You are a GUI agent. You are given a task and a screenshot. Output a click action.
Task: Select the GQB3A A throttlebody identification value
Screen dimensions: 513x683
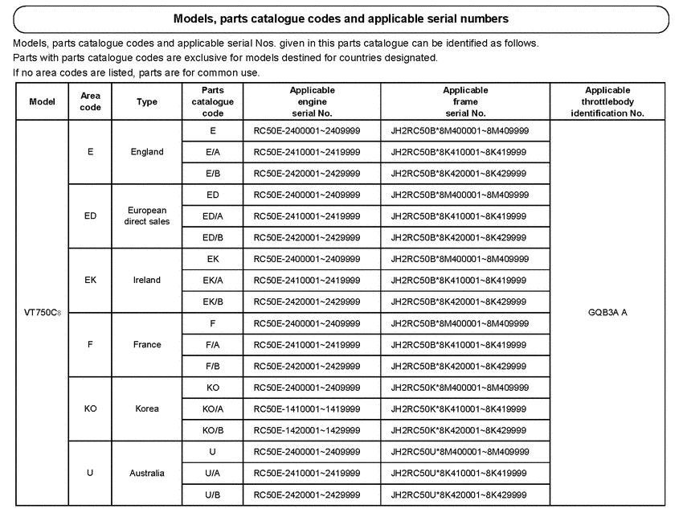(x=607, y=313)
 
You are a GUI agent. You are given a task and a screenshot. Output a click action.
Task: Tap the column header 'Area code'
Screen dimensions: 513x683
(x=91, y=101)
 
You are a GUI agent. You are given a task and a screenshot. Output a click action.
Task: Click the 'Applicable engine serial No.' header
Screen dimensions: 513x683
(x=312, y=101)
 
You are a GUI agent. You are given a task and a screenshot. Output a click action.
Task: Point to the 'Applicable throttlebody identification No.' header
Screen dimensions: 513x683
(x=607, y=101)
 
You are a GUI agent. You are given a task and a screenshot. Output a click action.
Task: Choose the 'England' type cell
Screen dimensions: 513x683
(x=147, y=151)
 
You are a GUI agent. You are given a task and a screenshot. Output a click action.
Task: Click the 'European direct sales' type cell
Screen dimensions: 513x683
(x=147, y=215)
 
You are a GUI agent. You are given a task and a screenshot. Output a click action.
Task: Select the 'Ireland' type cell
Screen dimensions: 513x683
(x=147, y=280)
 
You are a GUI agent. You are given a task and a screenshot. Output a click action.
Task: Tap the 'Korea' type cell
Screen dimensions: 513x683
(x=147, y=408)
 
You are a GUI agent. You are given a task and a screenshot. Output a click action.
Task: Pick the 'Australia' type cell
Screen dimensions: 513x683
(x=147, y=473)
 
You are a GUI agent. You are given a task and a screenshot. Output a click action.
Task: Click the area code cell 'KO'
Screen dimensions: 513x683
(x=91, y=408)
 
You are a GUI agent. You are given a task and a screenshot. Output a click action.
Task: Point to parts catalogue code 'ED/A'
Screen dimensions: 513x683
(x=213, y=216)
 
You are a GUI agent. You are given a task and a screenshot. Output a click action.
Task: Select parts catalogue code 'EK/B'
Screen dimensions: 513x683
(x=213, y=302)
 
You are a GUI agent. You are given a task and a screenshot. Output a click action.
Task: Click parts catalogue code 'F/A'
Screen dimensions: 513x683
(x=213, y=344)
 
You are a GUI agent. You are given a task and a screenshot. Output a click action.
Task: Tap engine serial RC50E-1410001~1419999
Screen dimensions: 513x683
(x=307, y=408)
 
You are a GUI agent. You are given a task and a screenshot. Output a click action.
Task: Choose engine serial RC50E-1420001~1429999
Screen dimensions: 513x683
(x=307, y=430)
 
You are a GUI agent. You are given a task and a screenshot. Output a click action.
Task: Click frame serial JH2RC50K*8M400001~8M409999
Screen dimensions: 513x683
(x=460, y=388)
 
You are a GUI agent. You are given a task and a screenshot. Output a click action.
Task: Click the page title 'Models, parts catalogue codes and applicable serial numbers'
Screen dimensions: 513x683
(x=341, y=18)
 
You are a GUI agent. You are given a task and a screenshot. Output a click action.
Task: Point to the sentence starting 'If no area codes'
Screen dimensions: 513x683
(x=137, y=72)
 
